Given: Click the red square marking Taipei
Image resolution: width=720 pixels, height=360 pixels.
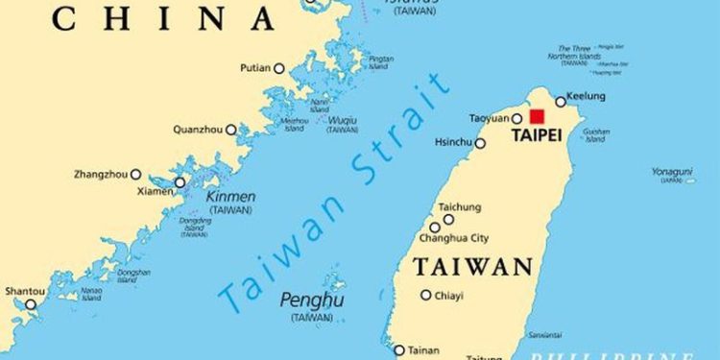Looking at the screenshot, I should (x=537, y=116).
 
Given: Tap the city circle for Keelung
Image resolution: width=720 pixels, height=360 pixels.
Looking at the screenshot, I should (x=561, y=102).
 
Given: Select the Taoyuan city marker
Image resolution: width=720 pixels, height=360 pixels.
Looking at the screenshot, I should (x=516, y=119).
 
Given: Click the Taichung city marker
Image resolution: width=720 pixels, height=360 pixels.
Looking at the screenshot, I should (x=448, y=220).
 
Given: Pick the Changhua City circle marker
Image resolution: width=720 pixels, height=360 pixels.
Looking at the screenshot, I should (x=435, y=228).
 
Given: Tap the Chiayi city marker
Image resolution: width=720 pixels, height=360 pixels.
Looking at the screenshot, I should (x=426, y=295).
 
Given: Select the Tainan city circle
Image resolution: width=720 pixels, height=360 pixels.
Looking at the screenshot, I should (x=399, y=350).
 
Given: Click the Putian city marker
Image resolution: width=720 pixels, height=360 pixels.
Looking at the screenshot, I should (x=279, y=68).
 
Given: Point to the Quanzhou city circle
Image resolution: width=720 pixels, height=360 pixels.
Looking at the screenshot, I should (x=230, y=129).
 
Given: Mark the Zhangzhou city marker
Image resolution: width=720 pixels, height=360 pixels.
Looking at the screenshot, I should (x=135, y=175).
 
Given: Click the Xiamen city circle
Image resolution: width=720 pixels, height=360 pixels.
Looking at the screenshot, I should (x=180, y=181).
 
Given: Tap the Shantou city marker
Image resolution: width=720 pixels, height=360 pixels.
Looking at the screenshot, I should (x=30, y=304).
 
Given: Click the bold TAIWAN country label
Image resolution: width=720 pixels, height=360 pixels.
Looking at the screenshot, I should (x=472, y=266).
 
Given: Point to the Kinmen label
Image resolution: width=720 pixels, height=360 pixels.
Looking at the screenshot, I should (x=230, y=196).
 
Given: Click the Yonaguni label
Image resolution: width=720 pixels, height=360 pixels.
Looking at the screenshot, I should (x=672, y=172).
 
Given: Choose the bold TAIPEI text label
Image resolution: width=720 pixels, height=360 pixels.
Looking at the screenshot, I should (x=536, y=136).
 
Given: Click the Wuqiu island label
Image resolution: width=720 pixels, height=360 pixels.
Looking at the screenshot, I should (x=342, y=120).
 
